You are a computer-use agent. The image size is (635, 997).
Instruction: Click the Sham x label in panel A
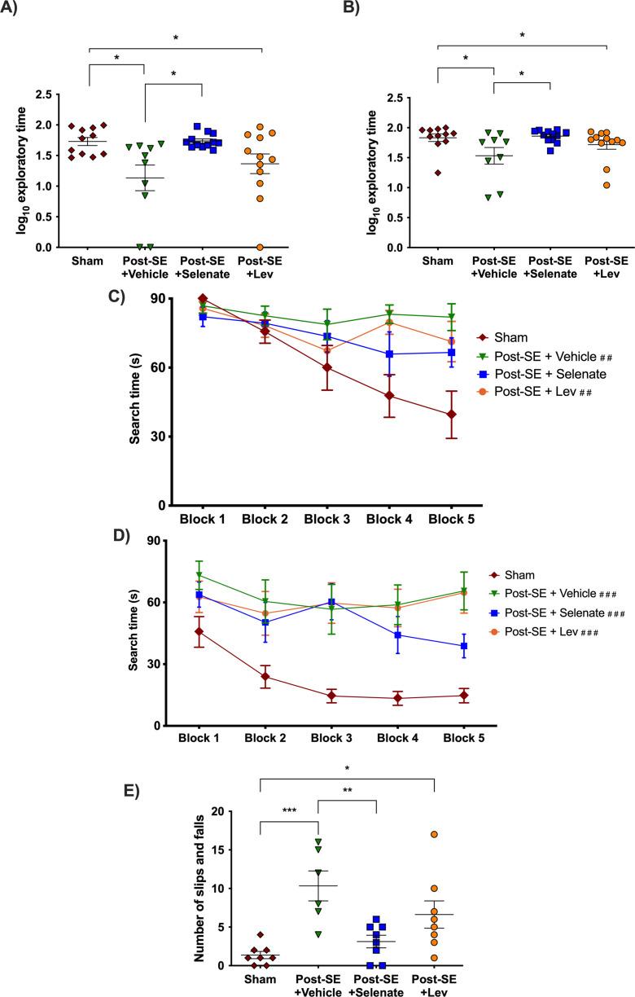point(88,262)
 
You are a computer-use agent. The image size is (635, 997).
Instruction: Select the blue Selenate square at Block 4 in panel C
point(390,354)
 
